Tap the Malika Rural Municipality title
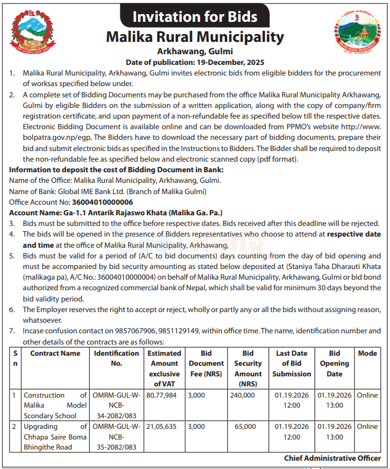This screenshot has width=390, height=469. [195, 37]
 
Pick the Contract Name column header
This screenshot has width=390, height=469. [55, 353]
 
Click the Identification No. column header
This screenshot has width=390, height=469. [116, 358]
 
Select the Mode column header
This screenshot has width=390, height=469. [367, 353]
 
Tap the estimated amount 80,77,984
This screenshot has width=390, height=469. [161, 395]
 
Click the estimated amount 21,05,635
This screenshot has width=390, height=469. [161, 427]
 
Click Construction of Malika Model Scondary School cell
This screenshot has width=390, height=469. [55, 405]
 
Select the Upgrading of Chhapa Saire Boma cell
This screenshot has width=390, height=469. [55, 437]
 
